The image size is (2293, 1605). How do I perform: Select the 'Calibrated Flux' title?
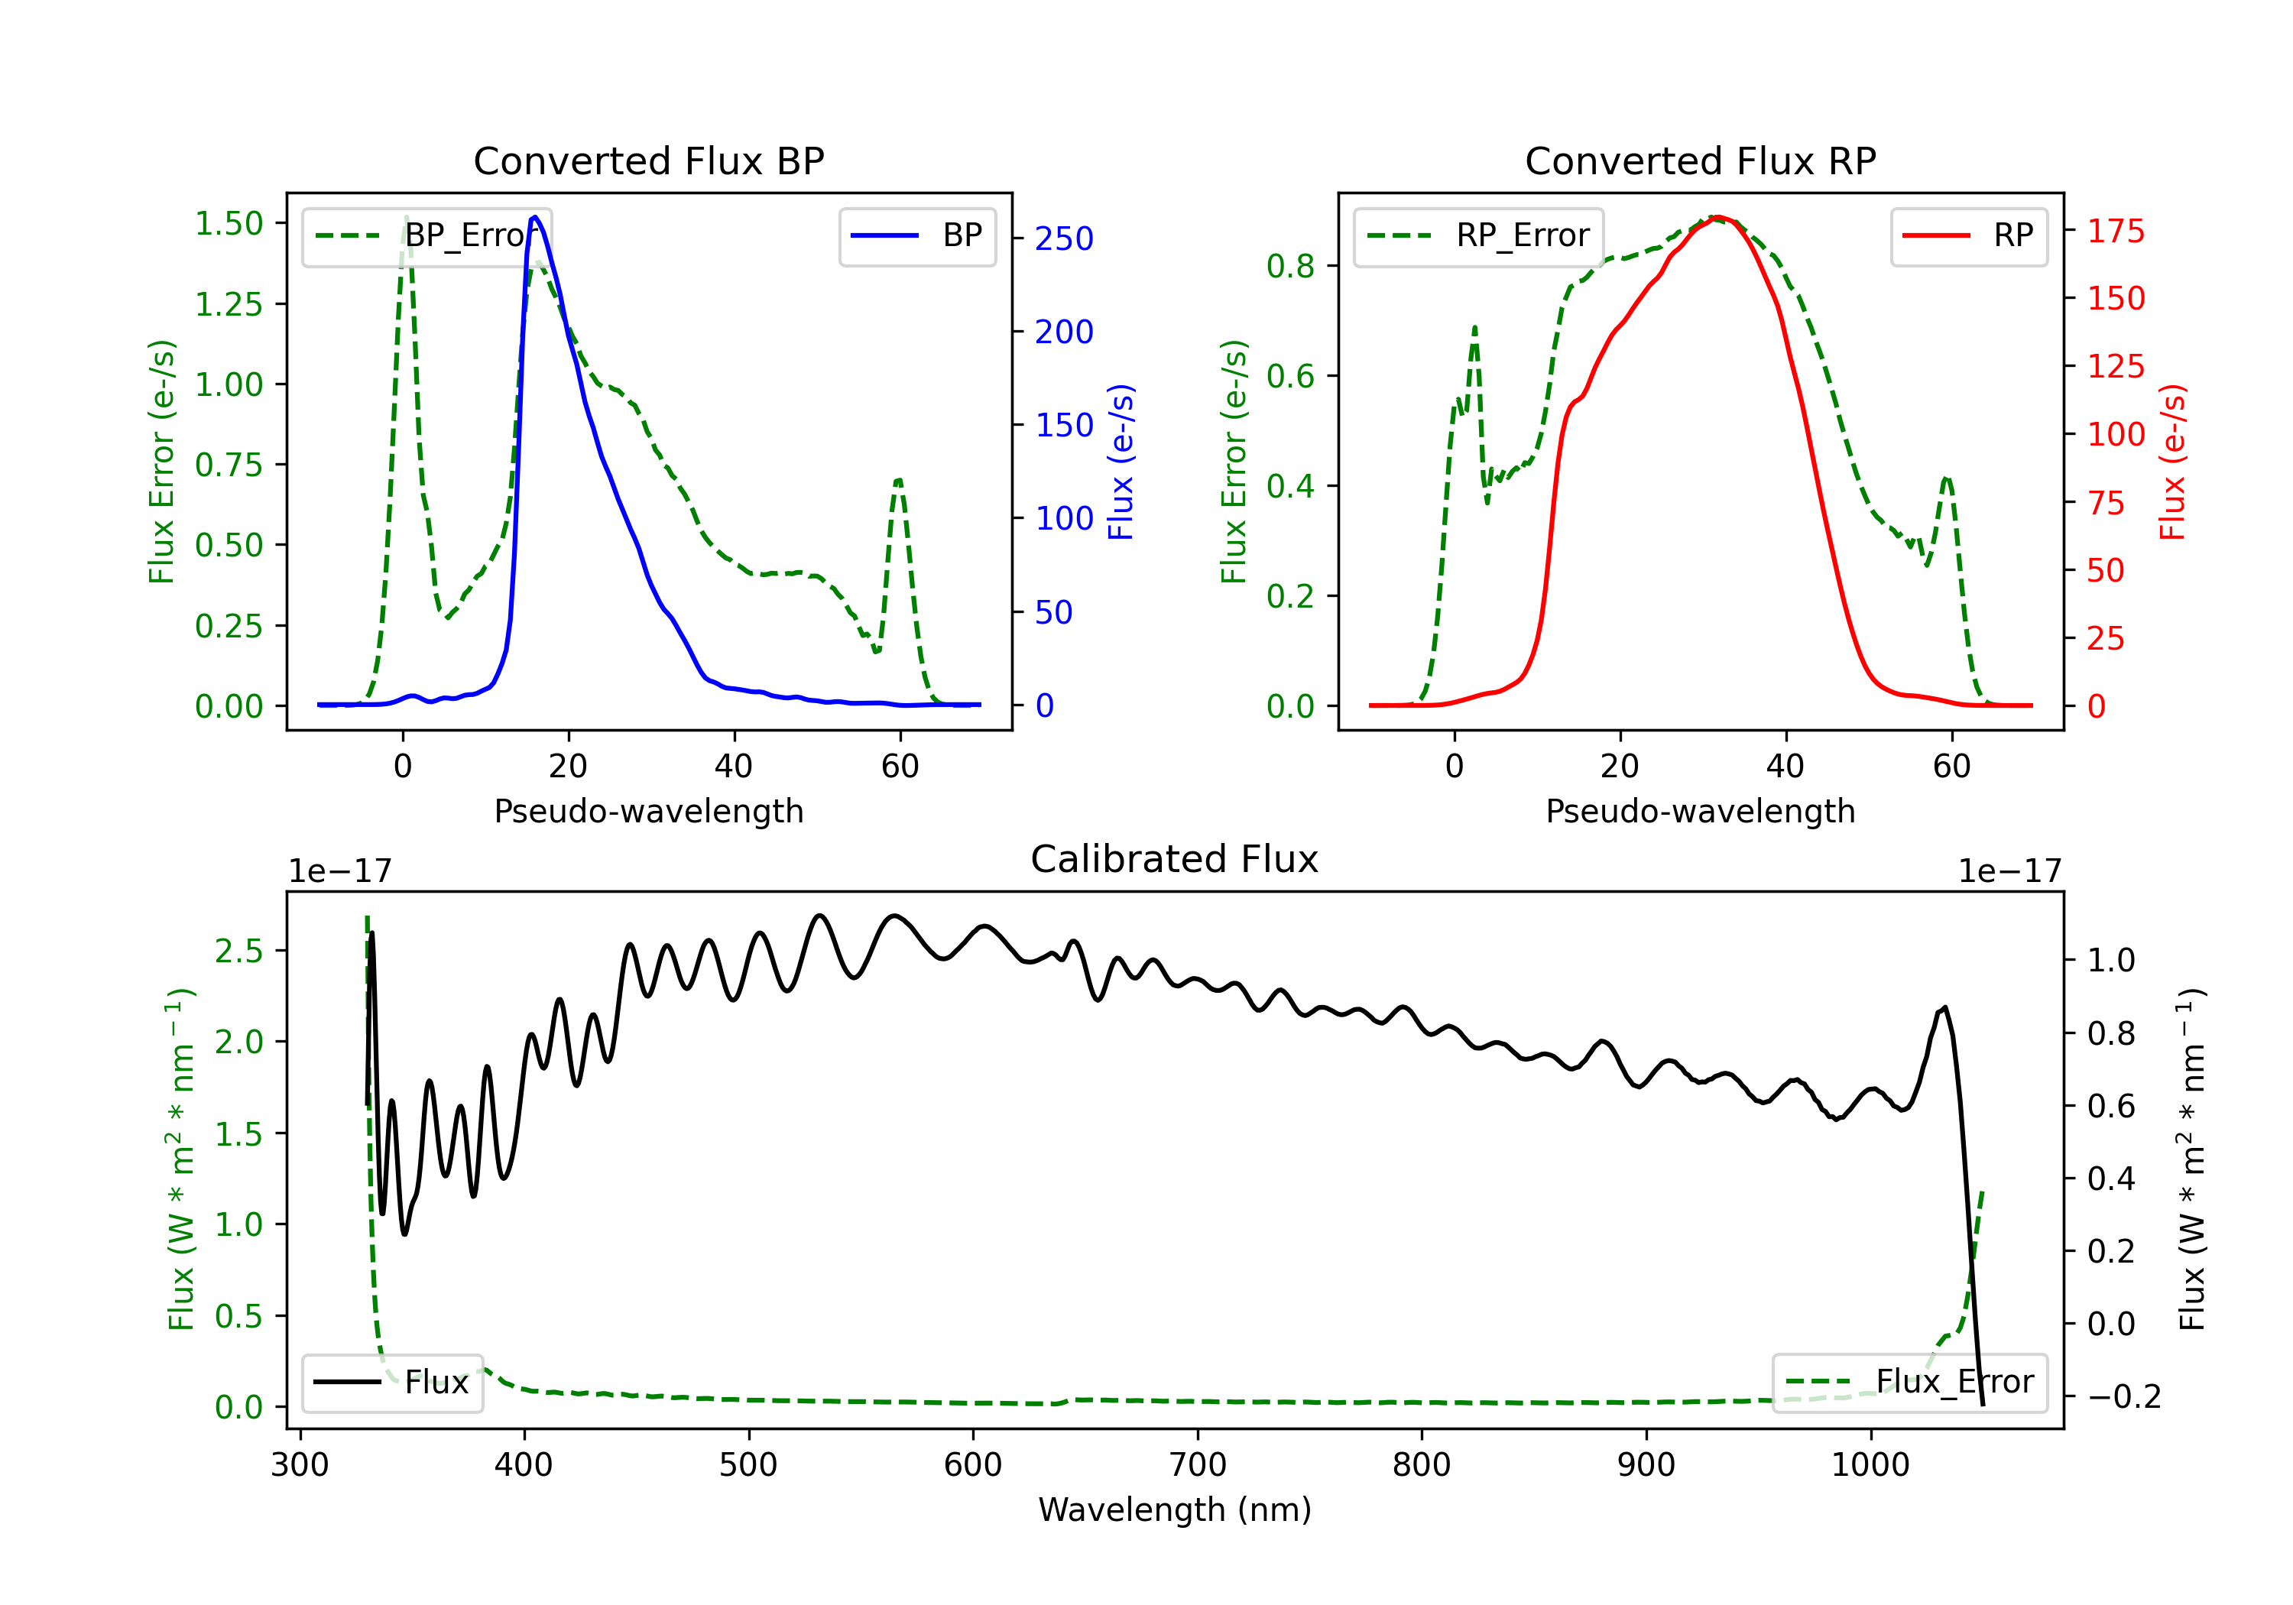click(1175, 859)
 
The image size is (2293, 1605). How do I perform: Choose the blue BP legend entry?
click(916, 235)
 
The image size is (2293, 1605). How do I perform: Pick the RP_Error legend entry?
click(1478, 235)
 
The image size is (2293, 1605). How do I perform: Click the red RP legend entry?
click(1968, 235)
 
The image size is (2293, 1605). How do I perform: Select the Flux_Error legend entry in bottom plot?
click(1909, 1383)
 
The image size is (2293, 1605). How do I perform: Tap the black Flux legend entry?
click(391, 1383)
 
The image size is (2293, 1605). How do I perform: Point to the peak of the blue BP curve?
click(535, 217)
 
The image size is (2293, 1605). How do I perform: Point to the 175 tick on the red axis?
click(2115, 232)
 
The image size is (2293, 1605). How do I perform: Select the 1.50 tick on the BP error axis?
click(229, 224)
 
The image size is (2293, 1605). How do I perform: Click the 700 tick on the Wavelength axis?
click(1196, 1465)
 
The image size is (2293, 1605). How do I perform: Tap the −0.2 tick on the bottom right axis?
click(2124, 1396)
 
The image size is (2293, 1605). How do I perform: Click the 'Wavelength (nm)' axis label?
click(1175, 1510)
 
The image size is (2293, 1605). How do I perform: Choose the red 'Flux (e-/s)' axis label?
click(2172, 462)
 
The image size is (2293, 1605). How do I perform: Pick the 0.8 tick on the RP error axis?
click(1290, 267)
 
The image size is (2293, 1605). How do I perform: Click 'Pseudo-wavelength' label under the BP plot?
click(648, 811)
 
